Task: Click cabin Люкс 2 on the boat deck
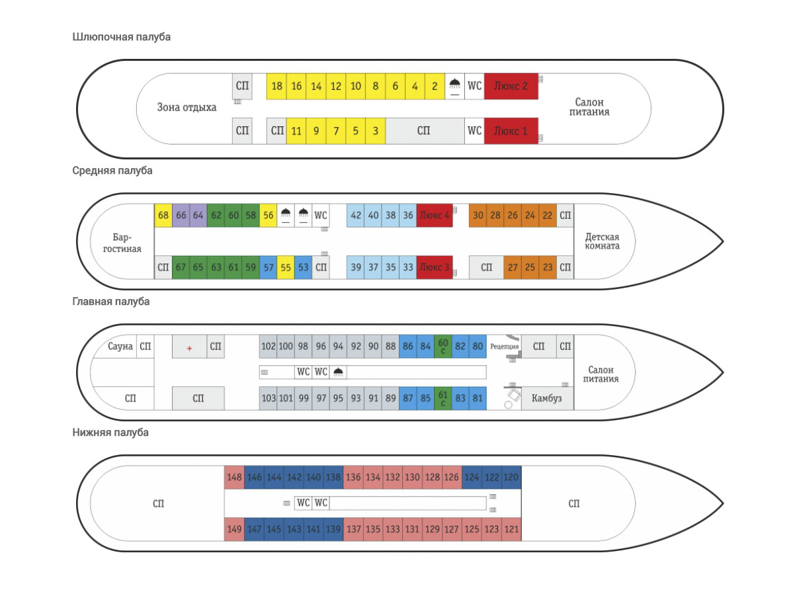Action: (x=510, y=86)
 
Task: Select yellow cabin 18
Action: (x=276, y=86)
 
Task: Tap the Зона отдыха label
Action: (x=187, y=107)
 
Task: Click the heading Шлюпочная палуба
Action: (x=122, y=37)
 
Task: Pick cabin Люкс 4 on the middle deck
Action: (x=435, y=215)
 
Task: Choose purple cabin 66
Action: (x=181, y=215)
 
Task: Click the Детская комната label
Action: (x=602, y=241)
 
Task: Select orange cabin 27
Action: (x=512, y=267)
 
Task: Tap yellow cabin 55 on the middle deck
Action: (x=286, y=267)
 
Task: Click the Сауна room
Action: (x=120, y=346)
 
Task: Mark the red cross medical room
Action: (x=189, y=347)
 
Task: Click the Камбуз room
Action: (x=546, y=398)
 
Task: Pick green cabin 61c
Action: (x=443, y=398)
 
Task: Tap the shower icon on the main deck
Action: (x=338, y=372)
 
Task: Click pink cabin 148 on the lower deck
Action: (x=234, y=477)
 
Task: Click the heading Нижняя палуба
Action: (x=110, y=433)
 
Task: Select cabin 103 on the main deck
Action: (x=268, y=398)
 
